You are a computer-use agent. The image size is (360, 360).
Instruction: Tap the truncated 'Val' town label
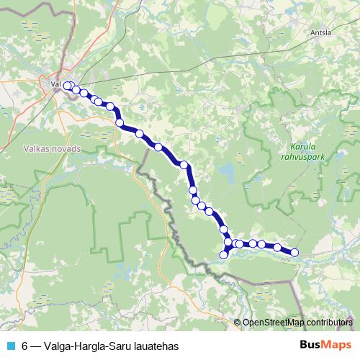tap(55, 84)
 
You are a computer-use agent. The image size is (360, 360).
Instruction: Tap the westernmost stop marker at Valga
tap(68, 86)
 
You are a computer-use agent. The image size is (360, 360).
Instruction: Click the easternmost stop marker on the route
tap(294, 251)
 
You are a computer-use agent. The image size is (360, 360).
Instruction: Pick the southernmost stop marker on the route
tap(225, 254)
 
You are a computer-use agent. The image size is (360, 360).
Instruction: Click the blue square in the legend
tap(10, 346)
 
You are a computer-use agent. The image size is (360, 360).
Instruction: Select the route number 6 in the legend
tap(25, 346)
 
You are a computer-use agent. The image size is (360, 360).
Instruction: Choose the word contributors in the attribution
tap(330, 323)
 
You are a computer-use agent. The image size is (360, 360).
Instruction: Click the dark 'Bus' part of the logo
tap(311, 344)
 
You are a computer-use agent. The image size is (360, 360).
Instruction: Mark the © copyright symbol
tap(238, 323)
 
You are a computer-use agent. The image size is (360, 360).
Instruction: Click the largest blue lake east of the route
tap(227, 173)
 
